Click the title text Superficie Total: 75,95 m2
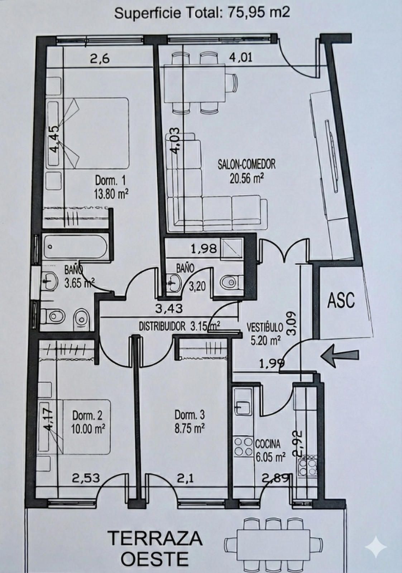(x=202, y=13)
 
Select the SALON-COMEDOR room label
(x=247, y=164)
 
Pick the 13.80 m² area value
(x=111, y=194)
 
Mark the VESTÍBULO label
(x=265, y=327)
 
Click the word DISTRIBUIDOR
(x=162, y=326)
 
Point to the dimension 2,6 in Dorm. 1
(x=100, y=59)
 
